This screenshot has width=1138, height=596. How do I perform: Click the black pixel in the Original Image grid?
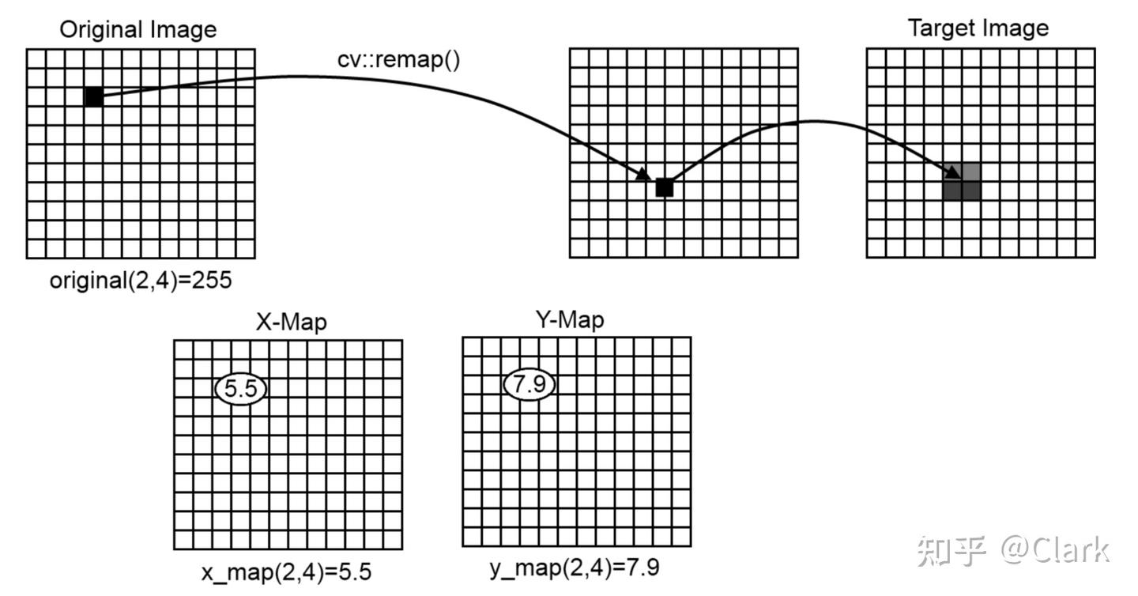point(93,96)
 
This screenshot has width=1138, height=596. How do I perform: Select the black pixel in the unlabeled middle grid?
point(664,187)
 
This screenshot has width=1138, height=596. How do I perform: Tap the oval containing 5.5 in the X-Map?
point(241,388)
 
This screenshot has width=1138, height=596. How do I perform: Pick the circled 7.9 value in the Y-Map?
point(529,385)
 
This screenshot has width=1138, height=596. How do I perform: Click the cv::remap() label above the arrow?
point(398,60)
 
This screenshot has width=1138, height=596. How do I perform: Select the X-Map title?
point(291,322)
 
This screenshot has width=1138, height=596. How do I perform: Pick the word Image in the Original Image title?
point(187,30)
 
